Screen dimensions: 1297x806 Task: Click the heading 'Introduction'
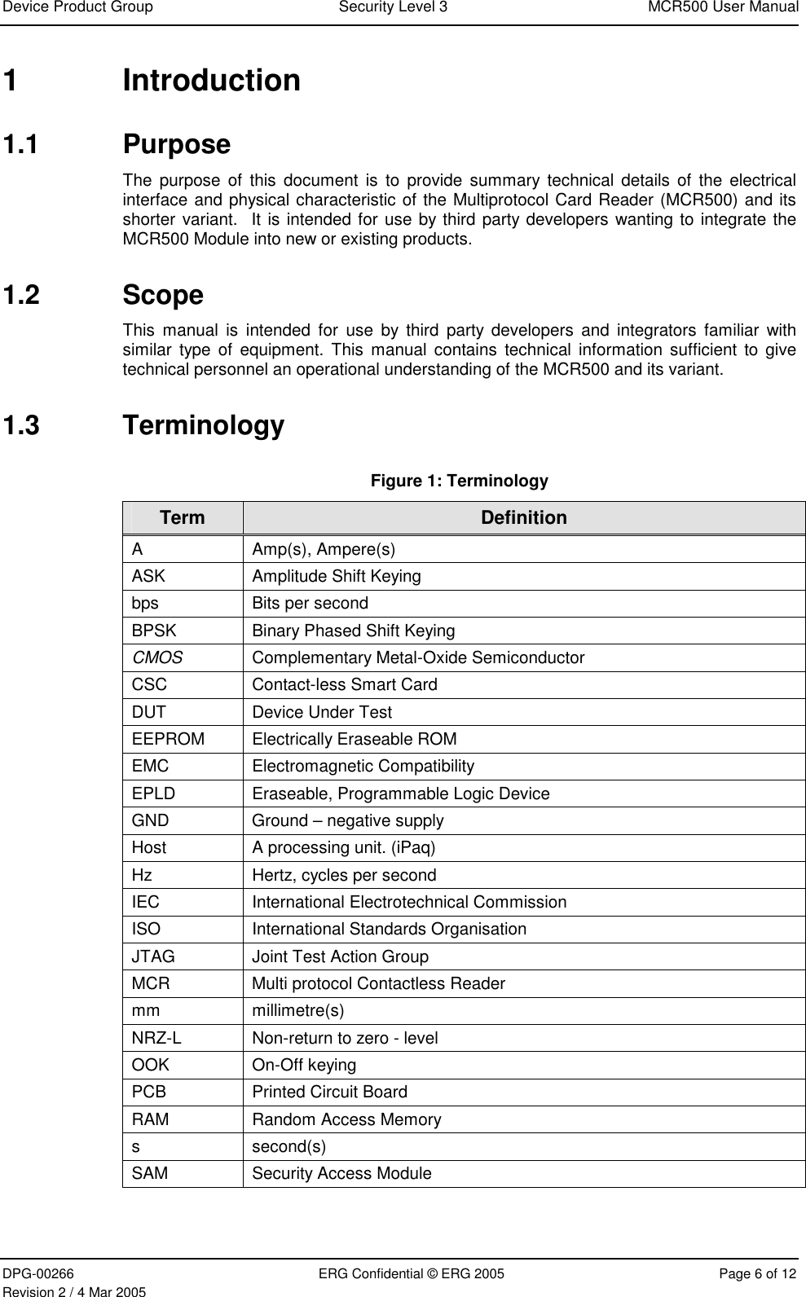(211, 81)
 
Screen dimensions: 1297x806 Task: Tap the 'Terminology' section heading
(203, 425)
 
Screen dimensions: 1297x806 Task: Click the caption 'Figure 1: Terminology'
(460, 481)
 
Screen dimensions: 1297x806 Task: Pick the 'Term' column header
(183, 517)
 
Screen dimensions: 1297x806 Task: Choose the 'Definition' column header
(523, 517)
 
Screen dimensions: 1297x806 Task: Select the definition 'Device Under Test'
(321, 712)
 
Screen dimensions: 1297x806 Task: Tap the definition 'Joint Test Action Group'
(340, 956)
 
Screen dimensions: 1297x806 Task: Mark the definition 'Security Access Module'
(341, 1173)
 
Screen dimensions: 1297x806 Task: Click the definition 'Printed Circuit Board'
(329, 1092)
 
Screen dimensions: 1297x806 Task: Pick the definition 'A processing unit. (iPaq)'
(343, 847)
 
